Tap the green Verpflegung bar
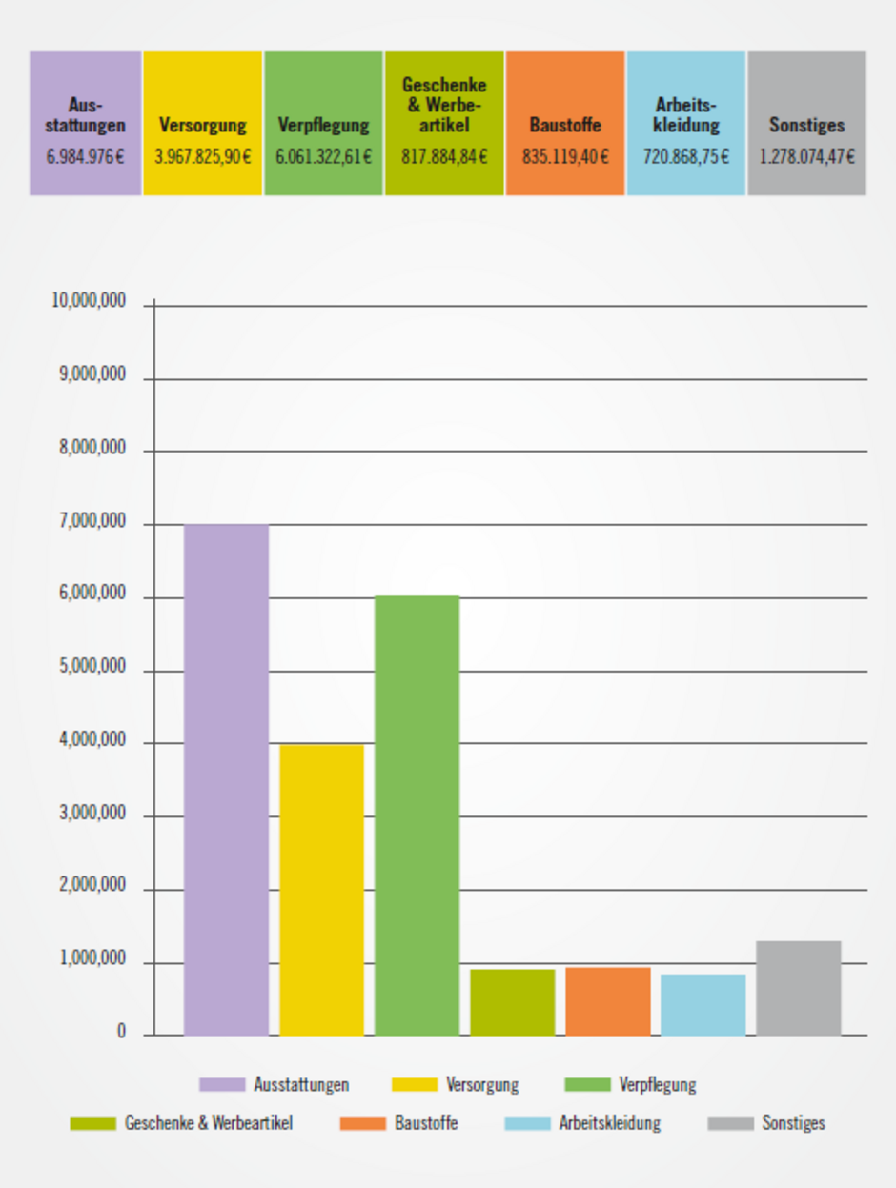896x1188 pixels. click(417, 815)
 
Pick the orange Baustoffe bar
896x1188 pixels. click(607, 1001)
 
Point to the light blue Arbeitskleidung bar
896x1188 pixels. click(703, 1004)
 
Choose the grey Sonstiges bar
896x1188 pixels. click(798, 988)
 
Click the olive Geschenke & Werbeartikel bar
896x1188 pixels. click(512, 1002)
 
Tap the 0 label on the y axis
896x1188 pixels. click(121, 1032)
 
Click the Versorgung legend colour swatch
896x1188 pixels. click(415, 1085)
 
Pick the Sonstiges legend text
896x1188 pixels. click(793, 1123)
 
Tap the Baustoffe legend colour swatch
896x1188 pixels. click(362, 1123)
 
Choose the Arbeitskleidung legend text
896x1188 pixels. click(609, 1123)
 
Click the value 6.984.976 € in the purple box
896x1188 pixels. click(85, 156)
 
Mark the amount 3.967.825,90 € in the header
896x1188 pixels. click(203, 156)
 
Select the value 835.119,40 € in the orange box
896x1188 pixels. click(565, 156)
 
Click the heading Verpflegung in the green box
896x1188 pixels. click(323, 125)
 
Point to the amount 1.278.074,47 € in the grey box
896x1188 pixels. click(806, 156)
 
